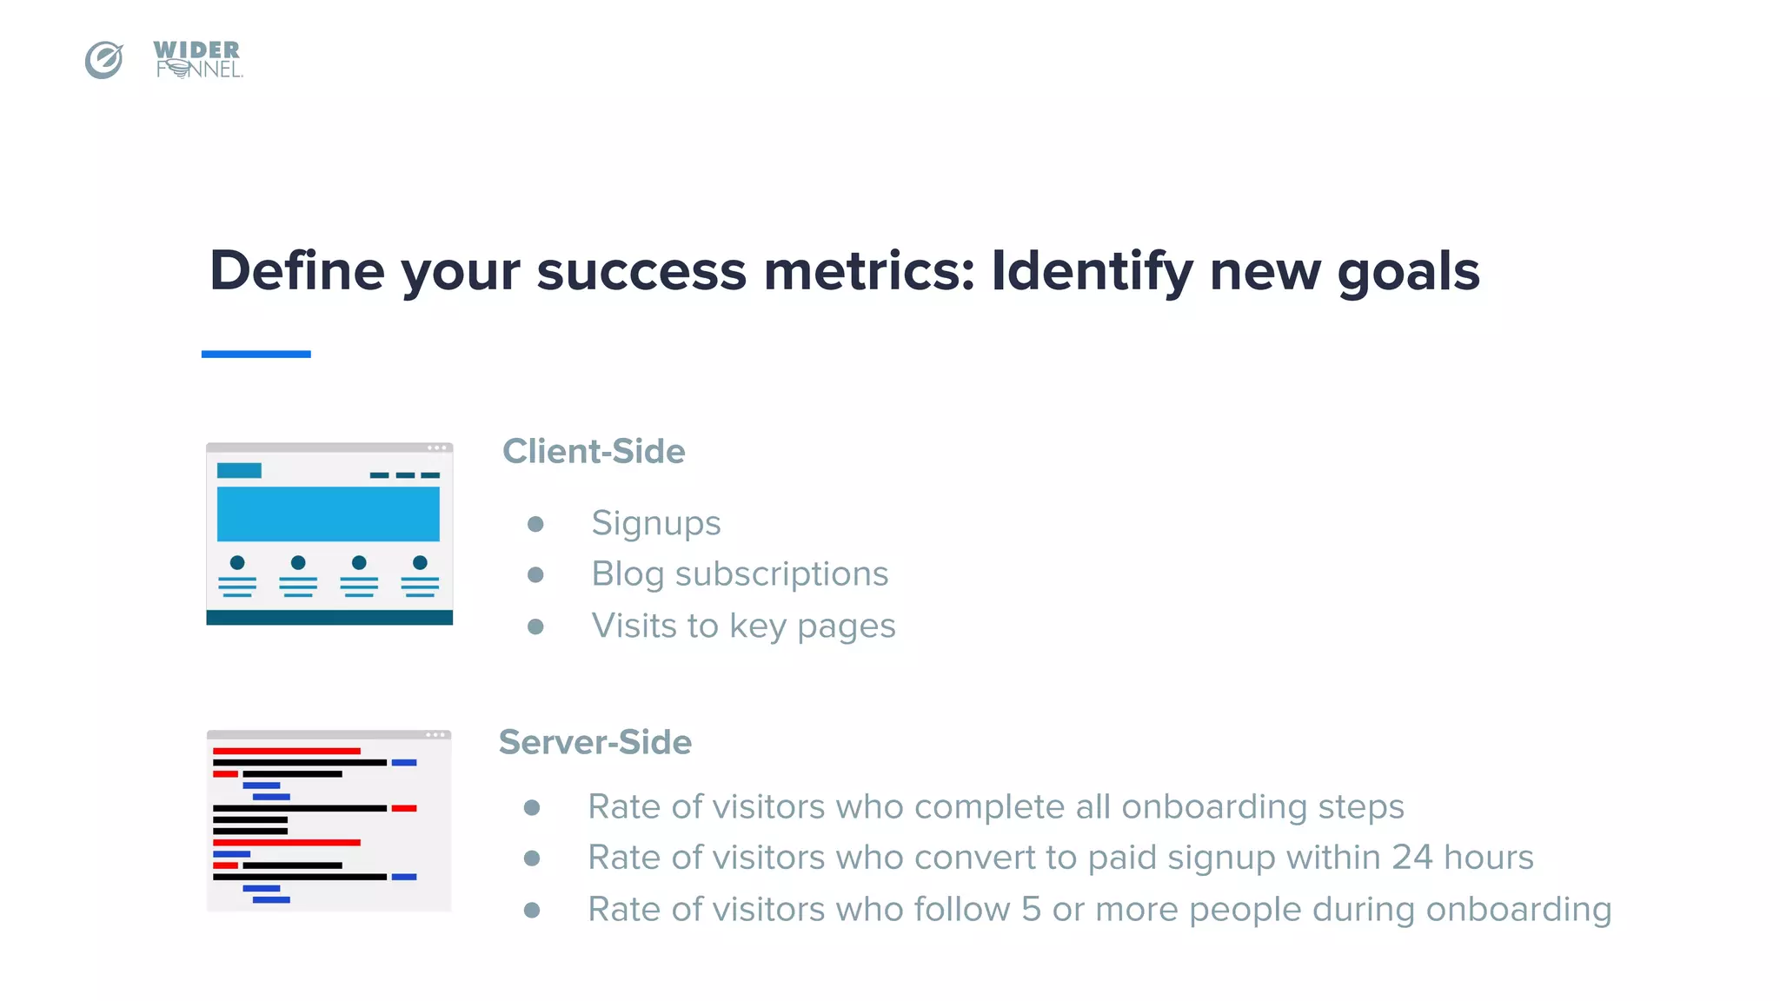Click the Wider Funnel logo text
click(x=197, y=59)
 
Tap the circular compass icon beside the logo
click(x=104, y=60)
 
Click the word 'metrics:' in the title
click(x=869, y=271)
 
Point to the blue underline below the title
click(x=256, y=354)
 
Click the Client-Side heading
click(x=594, y=451)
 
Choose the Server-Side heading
click(x=595, y=742)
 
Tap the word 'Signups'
click(x=656, y=523)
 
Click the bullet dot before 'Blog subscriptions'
click(x=535, y=574)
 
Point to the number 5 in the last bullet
click(x=1031, y=910)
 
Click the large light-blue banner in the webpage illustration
click(x=328, y=514)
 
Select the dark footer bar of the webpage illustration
click(x=329, y=617)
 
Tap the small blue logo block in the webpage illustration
click(x=239, y=470)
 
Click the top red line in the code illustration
click(x=286, y=751)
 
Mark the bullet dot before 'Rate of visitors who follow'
click(x=532, y=910)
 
